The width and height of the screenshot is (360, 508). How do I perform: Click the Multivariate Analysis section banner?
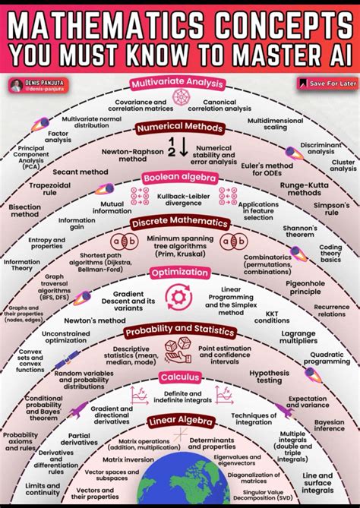pyautogui.click(x=180, y=83)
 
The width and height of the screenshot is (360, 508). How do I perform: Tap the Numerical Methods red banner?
pyautogui.click(x=180, y=128)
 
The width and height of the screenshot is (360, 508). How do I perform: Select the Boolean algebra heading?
pyautogui.click(x=180, y=178)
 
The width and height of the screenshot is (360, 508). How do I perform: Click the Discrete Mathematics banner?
pyautogui.click(x=180, y=223)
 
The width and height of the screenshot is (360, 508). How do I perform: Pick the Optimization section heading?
pyautogui.click(x=180, y=272)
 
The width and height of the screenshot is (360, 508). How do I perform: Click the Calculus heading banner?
pyautogui.click(x=180, y=377)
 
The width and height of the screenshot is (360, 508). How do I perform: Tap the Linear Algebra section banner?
pyautogui.click(x=180, y=420)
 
